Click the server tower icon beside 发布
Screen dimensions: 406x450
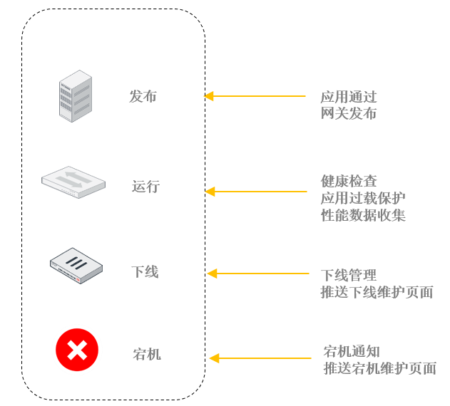[x=75, y=95]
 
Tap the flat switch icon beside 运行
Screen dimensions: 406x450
[x=73, y=182]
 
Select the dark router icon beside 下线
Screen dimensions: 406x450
[x=76, y=267]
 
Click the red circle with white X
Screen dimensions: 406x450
[x=77, y=350]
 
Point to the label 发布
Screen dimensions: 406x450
[x=143, y=96]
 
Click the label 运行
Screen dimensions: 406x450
[x=145, y=187]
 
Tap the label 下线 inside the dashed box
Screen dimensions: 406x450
[x=145, y=271]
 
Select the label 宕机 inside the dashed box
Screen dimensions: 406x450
[x=147, y=353]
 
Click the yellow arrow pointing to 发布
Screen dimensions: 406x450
[x=255, y=96]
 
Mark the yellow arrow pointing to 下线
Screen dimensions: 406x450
[x=257, y=274]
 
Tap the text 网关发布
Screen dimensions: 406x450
[x=349, y=113]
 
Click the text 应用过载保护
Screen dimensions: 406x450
[x=363, y=198]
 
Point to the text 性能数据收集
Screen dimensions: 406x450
[x=363, y=215]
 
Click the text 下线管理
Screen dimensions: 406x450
[x=349, y=275]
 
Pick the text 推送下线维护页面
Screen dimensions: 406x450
[x=377, y=292]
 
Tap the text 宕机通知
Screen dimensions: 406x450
[x=352, y=351]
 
